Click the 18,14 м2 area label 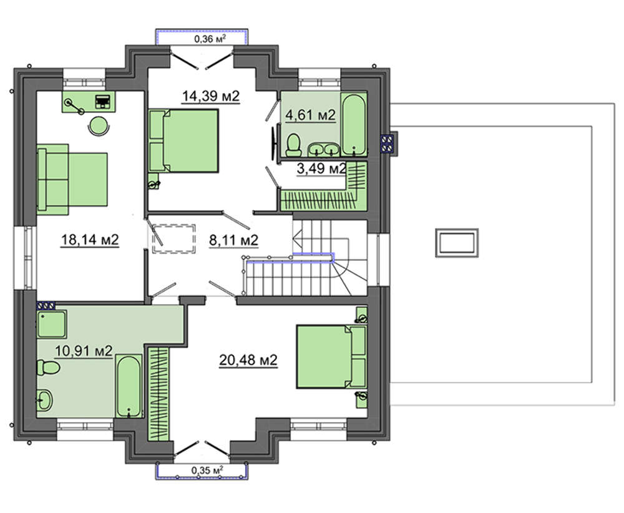pos(90,240)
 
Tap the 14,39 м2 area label pos(211,96)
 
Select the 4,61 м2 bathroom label pos(310,115)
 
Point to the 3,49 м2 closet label pos(321,169)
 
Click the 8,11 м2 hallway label pos(233,240)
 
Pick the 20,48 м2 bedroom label pos(248,360)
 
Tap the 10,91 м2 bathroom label pos(84,351)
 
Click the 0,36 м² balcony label pos(210,39)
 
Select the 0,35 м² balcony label pos(207,470)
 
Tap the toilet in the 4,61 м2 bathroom pos(294,145)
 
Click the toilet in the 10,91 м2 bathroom pos(48,368)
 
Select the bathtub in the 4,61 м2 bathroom pos(354,124)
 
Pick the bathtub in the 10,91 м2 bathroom pos(129,386)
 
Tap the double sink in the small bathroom pos(323,149)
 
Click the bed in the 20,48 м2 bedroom pos(331,356)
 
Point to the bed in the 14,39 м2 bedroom pos(184,141)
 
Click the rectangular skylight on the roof pos(457,243)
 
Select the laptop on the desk pos(103,102)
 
